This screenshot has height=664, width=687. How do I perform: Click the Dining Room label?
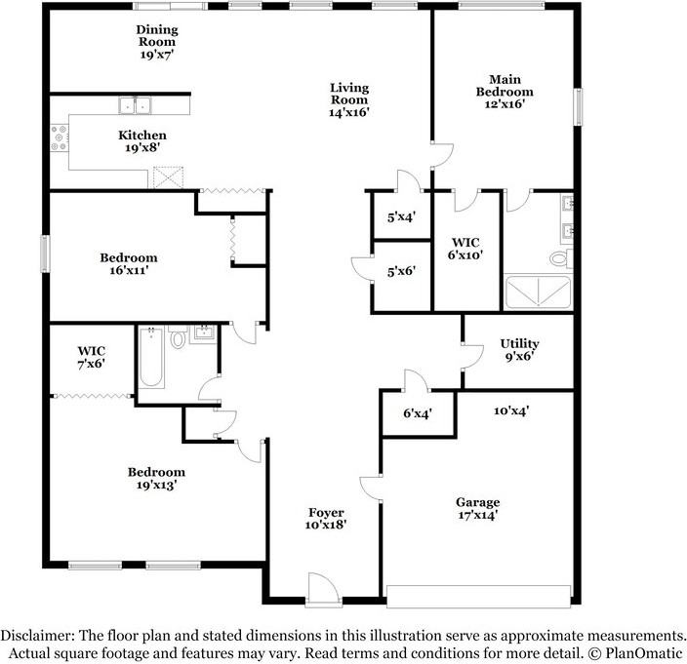[x=157, y=42]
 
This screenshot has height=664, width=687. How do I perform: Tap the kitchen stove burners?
[x=60, y=137]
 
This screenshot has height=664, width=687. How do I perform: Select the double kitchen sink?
[x=135, y=105]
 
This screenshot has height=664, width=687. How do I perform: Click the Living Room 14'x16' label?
[x=349, y=99]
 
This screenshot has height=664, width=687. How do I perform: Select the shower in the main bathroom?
[x=538, y=292]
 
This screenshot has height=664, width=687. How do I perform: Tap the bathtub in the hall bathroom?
[x=151, y=357]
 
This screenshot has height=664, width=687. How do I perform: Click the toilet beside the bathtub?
[x=178, y=336]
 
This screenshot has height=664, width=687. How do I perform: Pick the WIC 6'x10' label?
[x=465, y=249]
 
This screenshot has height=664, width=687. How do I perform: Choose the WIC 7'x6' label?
[x=91, y=357]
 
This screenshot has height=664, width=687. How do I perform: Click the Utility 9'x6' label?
[x=519, y=350]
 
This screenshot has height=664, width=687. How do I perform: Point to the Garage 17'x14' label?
[x=477, y=508]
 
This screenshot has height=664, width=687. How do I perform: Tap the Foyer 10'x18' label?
[x=326, y=519]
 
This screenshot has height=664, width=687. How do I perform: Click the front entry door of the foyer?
[x=323, y=590]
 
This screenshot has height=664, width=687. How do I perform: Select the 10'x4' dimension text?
[x=511, y=410]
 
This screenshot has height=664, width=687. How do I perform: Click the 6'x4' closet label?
[x=418, y=412]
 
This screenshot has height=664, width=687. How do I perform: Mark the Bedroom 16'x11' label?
[x=129, y=263]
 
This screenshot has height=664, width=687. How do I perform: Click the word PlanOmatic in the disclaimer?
[x=644, y=653]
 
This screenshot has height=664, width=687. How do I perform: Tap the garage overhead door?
[x=479, y=597]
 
